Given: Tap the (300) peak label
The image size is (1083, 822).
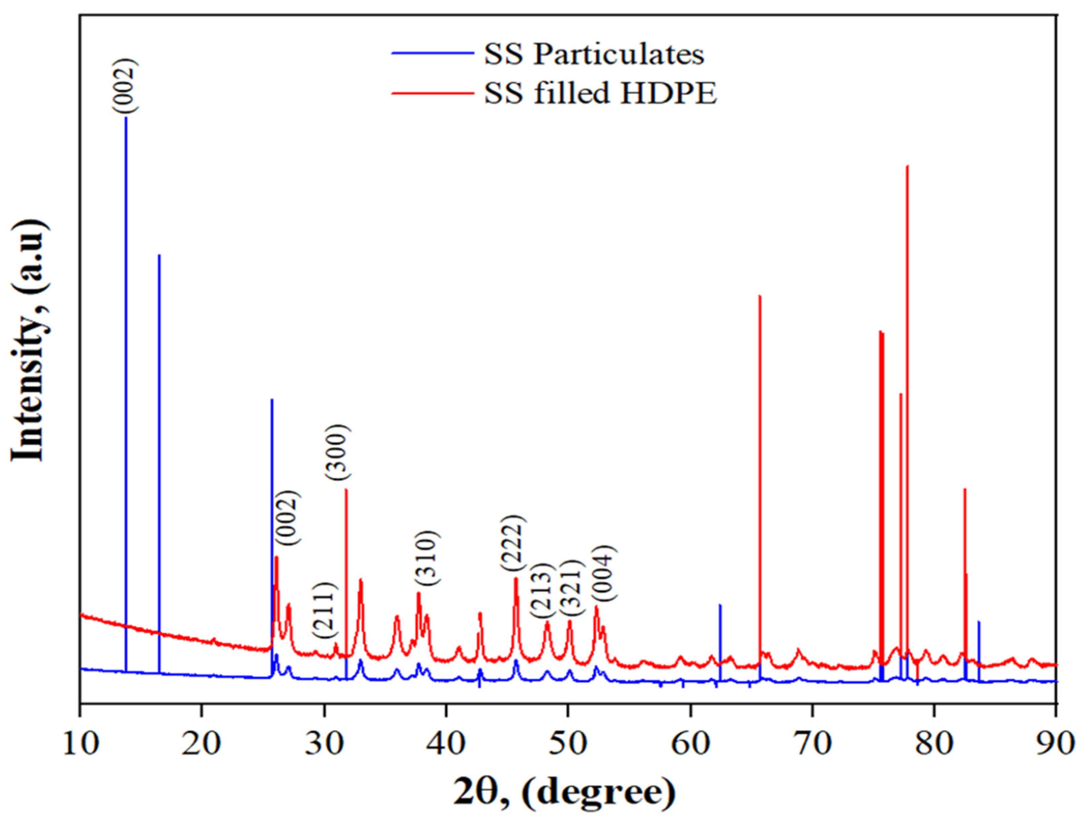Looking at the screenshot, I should pyautogui.click(x=338, y=453).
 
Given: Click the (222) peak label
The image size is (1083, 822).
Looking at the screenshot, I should pyautogui.click(x=513, y=543).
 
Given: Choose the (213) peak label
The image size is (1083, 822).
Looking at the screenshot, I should pyautogui.click(x=542, y=590).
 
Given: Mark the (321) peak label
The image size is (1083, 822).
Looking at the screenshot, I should pyautogui.click(x=570, y=588).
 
